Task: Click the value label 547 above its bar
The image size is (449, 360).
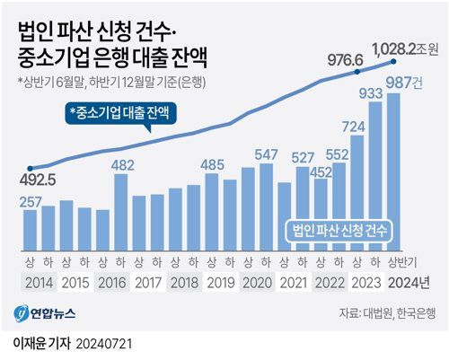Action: tap(267, 155)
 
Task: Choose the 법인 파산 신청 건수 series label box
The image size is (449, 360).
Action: tap(339, 230)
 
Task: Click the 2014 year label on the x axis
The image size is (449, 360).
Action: tap(38, 282)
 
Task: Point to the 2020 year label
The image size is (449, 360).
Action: tap(257, 282)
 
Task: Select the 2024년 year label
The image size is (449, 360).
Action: tap(407, 282)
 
